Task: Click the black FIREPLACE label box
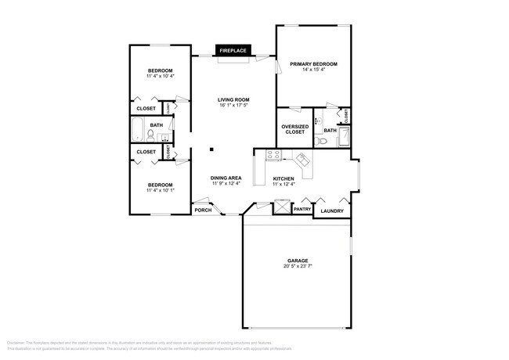click(x=233, y=51)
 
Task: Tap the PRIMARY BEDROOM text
click(x=313, y=63)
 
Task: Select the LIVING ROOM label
click(x=233, y=99)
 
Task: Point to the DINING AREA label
click(x=226, y=178)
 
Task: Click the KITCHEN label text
click(x=283, y=178)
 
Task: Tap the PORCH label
click(x=203, y=209)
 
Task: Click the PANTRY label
click(x=302, y=209)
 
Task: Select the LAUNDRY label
click(x=332, y=211)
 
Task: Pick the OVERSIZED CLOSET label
click(x=294, y=128)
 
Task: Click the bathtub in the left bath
click(x=138, y=129)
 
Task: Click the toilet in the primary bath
click(x=322, y=140)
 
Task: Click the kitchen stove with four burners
click(x=273, y=154)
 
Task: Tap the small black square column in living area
click(x=210, y=149)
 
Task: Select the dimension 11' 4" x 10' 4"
click(x=159, y=77)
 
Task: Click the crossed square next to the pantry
click(x=280, y=208)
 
